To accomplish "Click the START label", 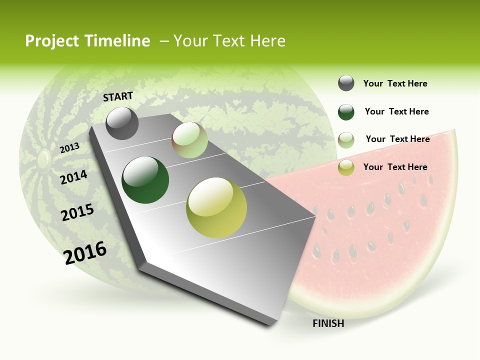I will (x=118, y=96).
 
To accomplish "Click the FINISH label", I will (x=328, y=323).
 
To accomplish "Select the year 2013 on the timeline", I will (x=69, y=147).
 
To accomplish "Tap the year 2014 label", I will (x=73, y=177).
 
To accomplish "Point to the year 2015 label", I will (x=77, y=212).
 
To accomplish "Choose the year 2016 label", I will (x=85, y=252).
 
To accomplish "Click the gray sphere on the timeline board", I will (x=122, y=123).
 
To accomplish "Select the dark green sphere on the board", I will (x=145, y=180).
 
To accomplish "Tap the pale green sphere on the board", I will (x=189, y=140).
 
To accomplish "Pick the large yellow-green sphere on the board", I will (x=216, y=207).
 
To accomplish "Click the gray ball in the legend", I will (x=346, y=83).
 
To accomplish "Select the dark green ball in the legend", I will (x=346, y=112).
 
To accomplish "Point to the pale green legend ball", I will (x=346, y=140).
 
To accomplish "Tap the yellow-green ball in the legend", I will (x=346, y=167).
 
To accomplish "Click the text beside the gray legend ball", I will (x=395, y=83).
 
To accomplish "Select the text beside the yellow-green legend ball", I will (x=395, y=167).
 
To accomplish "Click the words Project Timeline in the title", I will (x=87, y=41).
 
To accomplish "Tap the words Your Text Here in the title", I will (x=229, y=41).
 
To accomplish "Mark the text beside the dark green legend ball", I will (x=396, y=111).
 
